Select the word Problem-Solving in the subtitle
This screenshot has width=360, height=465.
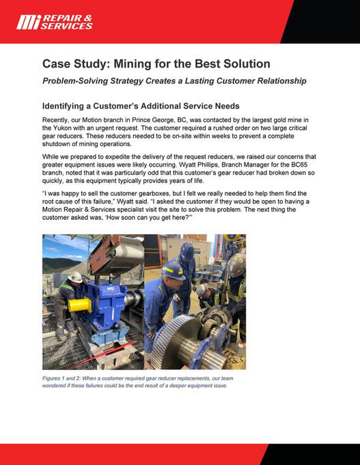(x=81, y=81)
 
